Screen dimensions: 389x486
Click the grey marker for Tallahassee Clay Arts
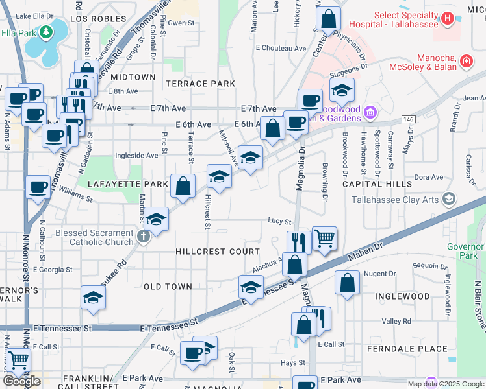point(448,199)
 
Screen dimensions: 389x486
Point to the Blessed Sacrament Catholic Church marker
point(144,237)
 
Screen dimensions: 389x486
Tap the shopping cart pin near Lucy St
point(324,237)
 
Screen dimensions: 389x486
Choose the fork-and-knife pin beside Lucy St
point(299,242)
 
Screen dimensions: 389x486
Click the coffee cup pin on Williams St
point(38,187)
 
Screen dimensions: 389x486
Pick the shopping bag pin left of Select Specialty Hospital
point(329,19)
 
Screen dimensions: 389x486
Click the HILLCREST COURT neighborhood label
point(217,251)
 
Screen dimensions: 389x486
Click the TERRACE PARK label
point(200,84)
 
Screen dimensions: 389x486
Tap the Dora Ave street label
point(428,176)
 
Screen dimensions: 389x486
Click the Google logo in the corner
point(22,381)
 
